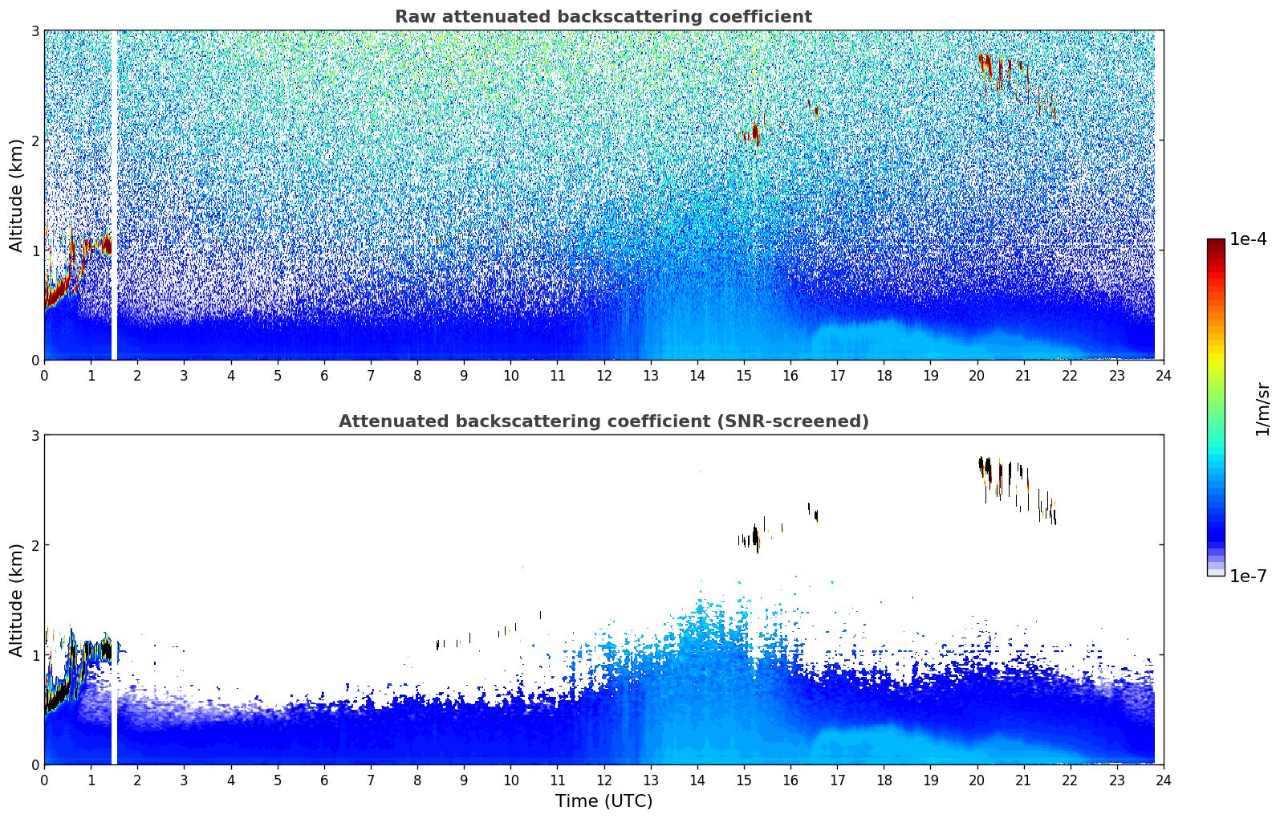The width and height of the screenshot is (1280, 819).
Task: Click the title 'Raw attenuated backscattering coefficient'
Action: (x=603, y=17)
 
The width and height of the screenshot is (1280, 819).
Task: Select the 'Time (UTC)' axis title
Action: (x=603, y=801)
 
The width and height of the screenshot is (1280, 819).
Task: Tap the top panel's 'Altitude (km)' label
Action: (x=16, y=195)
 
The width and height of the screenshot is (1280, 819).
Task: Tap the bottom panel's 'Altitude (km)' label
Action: (x=16, y=600)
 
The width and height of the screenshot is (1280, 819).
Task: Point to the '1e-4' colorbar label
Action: (x=1248, y=239)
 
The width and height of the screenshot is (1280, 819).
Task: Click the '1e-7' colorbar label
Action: (x=1248, y=576)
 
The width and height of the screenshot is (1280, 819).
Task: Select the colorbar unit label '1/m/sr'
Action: (x=1262, y=409)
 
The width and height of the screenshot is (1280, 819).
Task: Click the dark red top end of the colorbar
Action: (x=1216, y=242)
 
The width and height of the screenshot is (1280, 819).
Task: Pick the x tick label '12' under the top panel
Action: (x=603, y=375)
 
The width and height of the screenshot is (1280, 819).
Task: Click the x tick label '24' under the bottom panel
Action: (x=1163, y=780)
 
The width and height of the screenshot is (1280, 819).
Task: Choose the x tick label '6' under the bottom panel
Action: (x=324, y=780)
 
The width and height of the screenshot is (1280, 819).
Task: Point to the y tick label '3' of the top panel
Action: (x=35, y=31)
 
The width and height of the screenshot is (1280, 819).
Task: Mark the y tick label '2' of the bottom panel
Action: (x=35, y=545)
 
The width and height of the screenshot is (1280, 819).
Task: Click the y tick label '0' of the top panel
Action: (x=35, y=360)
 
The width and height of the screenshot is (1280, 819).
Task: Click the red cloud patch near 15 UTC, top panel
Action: (x=755, y=131)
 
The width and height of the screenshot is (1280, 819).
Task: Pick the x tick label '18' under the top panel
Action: (x=884, y=375)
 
